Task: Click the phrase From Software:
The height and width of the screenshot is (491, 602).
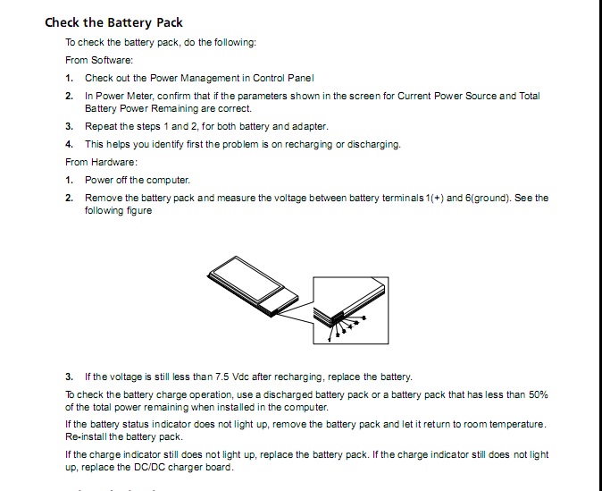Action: [x=99, y=60]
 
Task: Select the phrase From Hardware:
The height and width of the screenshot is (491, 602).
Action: [x=101, y=162]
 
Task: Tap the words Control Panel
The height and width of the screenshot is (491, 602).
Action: [x=284, y=78]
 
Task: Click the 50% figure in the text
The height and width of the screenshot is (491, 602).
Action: [x=537, y=394]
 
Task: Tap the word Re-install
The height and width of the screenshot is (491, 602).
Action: [x=86, y=436]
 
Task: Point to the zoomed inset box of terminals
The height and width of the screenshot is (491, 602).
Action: [x=350, y=309]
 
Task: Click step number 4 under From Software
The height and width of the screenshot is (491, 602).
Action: [x=69, y=144]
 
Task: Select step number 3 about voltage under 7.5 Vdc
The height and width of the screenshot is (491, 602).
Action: [x=69, y=377]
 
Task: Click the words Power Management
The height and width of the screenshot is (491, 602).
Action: [x=202, y=78]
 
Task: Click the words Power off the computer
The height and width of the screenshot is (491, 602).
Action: [x=138, y=180]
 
